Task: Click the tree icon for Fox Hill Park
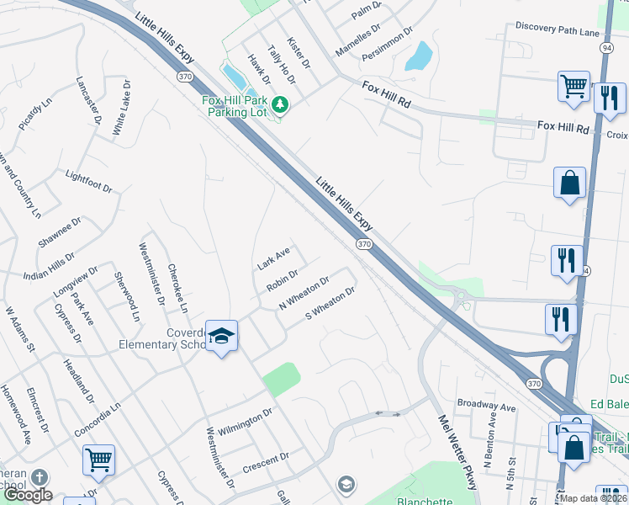pos(282,105)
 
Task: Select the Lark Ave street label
pos(273,258)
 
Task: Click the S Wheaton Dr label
pos(330,304)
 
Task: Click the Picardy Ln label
pos(34,116)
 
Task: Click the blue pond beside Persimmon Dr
pos(419,56)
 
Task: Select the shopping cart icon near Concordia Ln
pos(98,460)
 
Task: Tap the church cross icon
pos(38,478)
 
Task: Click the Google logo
pos(28,495)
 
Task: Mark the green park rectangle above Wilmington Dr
pos(281,379)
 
